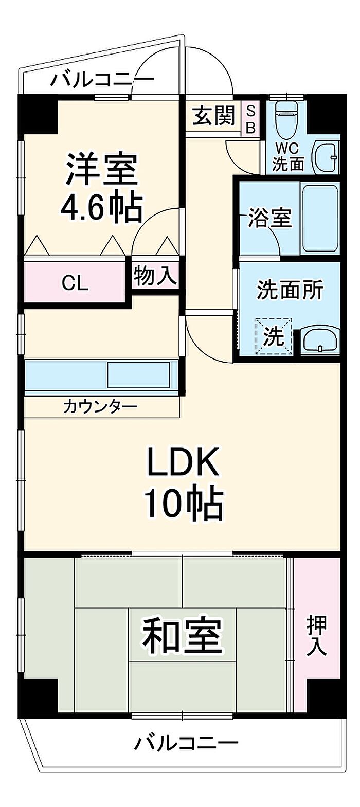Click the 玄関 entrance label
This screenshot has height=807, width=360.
pos(214,116)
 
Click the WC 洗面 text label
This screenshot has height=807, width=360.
pos(288,157)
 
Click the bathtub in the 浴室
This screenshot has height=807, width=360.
pos(320,219)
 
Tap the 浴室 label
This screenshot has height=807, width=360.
pos(269,218)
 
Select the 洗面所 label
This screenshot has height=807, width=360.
pos(290,289)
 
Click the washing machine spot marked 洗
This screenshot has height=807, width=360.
pos(274,336)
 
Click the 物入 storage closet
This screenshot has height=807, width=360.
pos(155,276)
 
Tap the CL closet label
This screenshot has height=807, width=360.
pos(75,284)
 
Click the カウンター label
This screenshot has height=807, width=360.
pos(100,407)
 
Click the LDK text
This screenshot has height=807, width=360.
pos(183,461)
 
